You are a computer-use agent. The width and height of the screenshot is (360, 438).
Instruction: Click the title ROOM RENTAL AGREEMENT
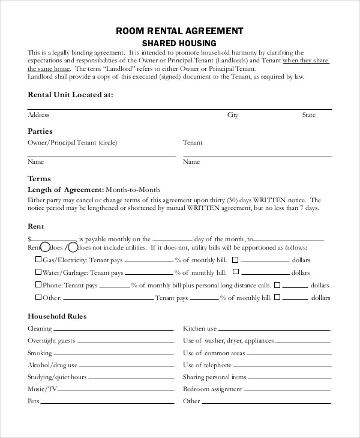pos(179,31)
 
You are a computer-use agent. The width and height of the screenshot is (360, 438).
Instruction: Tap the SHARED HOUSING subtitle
pos(179,43)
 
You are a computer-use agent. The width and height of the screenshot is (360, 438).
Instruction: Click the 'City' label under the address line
pos(233,115)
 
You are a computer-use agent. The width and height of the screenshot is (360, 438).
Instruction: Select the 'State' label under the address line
pos(308,115)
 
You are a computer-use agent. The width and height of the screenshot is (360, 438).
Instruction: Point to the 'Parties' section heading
pos(40,131)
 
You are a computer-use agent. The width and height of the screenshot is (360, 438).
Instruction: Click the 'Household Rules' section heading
pos(58,316)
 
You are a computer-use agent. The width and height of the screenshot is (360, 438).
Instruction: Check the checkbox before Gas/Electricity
pos(38,260)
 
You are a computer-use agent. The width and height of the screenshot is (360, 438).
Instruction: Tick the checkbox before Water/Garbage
pos(38,272)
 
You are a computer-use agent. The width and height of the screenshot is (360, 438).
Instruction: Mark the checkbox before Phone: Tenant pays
pos(38,284)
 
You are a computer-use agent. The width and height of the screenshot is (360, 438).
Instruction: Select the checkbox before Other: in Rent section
pos(38,297)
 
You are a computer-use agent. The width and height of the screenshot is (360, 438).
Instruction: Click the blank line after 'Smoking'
pos(113,355)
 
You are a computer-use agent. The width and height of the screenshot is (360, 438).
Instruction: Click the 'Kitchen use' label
pos(200,329)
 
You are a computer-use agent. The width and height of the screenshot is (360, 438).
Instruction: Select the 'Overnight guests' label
pos(51,341)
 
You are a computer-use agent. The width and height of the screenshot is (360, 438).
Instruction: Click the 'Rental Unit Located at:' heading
pos(70,95)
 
